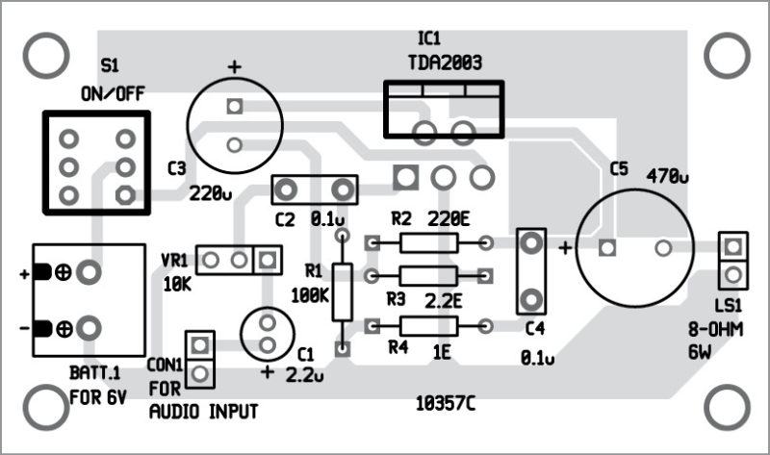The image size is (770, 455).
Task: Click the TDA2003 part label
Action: [x=444, y=63]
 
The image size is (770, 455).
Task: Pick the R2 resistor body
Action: [x=428, y=244]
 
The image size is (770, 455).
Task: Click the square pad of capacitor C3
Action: [x=233, y=107]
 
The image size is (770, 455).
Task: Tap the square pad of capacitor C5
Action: [x=606, y=248]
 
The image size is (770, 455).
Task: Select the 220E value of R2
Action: [x=448, y=219]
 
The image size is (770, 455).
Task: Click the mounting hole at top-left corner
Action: [x=41, y=58]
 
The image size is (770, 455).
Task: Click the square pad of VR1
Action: [x=268, y=259]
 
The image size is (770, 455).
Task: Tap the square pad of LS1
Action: [x=733, y=246]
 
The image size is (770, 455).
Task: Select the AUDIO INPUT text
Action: [x=203, y=412]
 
